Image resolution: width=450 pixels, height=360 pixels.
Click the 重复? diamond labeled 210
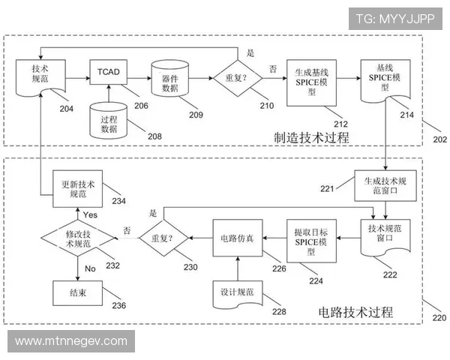[x=238, y=78]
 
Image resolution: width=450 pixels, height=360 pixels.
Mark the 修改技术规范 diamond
[x=77, y=238]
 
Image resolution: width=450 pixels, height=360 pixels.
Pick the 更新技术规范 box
[x=77, y=188]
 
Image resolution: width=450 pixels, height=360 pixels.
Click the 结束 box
[x=77, y=293]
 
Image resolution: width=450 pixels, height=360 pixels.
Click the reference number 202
[x=439, y=139]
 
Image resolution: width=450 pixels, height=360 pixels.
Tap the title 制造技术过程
[x=311, y=137]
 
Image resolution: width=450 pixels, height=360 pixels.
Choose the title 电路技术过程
[x=355, y=311]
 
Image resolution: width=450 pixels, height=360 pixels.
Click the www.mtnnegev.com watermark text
[x=71, y=341]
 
